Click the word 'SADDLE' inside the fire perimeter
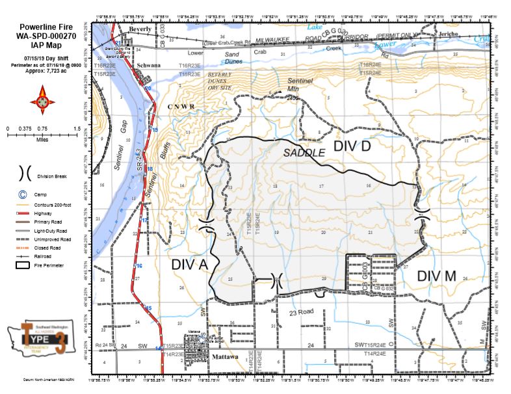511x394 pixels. (304, 153)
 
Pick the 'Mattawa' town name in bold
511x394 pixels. (223, 357)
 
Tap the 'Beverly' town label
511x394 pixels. (139, 29)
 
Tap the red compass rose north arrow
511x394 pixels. (43, 99)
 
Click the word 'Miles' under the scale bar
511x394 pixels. (43, 138)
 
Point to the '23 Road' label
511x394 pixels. (302, 311)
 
